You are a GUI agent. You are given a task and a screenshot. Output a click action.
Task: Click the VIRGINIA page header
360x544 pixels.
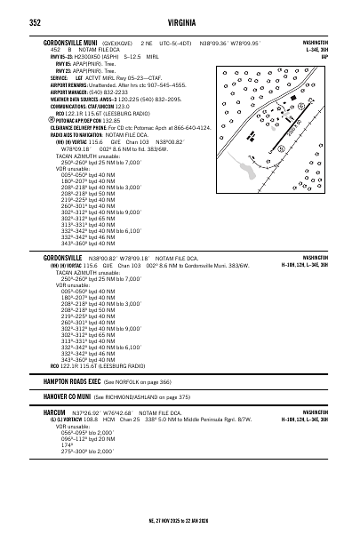click(x=180, y=16)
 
